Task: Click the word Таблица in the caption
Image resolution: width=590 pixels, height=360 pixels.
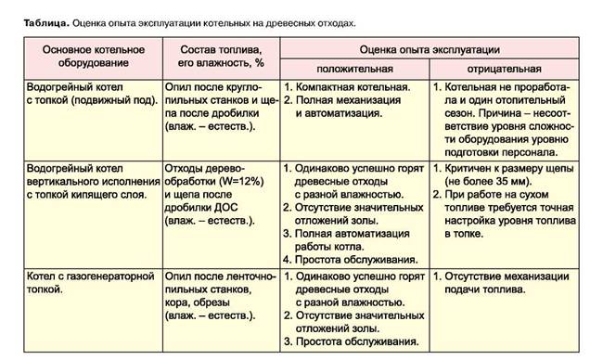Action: pos(44,19)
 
